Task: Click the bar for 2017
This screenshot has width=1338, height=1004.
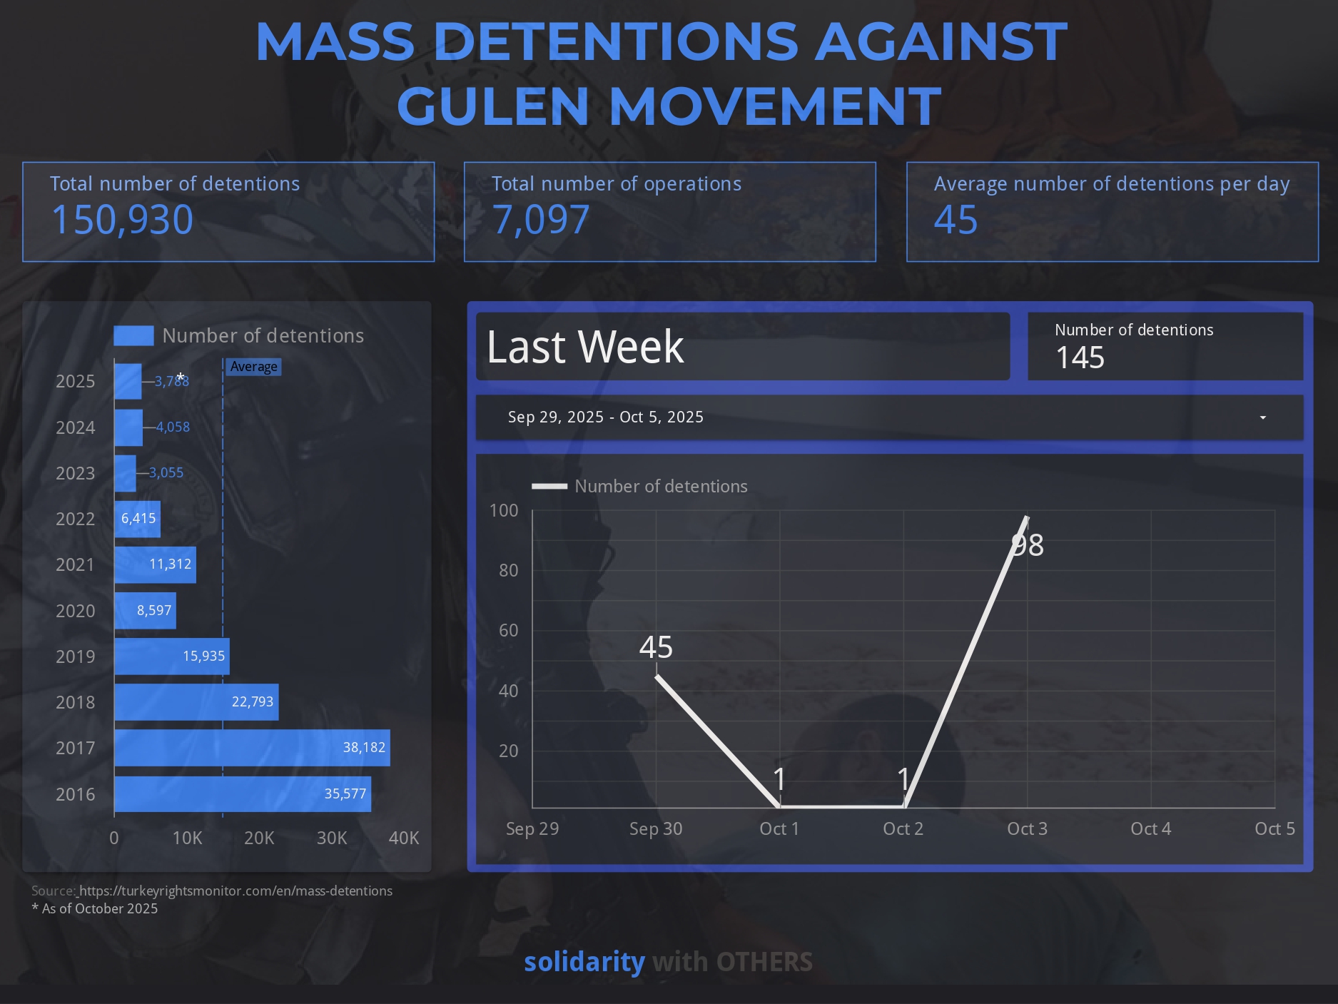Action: point(252,748)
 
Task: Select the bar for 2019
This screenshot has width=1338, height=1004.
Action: point(171,656)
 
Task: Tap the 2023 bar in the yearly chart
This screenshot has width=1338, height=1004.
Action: point(125,473)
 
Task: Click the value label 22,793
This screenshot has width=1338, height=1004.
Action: point(253,702)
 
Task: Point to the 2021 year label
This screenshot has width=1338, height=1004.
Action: point(75,565)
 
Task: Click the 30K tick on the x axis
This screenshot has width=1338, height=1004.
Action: point(332,838)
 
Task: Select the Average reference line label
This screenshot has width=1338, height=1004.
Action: point(253,367)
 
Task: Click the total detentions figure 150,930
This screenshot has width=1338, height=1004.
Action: point(122,220)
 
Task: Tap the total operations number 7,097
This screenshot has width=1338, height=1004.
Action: point(541,220)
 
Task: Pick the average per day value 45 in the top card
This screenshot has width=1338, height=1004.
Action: point(956,220)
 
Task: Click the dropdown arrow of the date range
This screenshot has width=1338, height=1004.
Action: point(1262,417)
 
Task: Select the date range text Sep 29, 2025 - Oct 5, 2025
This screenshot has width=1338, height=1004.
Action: point(605,417)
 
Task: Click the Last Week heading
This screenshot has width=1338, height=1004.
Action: point(585,348)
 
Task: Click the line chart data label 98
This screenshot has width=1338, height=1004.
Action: point(1028,546)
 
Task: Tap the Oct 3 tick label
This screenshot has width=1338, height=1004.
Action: point(1027,829)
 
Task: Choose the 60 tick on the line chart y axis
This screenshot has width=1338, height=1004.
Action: point(508,631)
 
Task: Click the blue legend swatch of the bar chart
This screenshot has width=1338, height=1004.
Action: point(133,336)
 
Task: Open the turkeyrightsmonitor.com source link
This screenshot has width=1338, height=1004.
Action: point(235,891)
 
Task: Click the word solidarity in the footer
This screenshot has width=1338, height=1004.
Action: point(584,963)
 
